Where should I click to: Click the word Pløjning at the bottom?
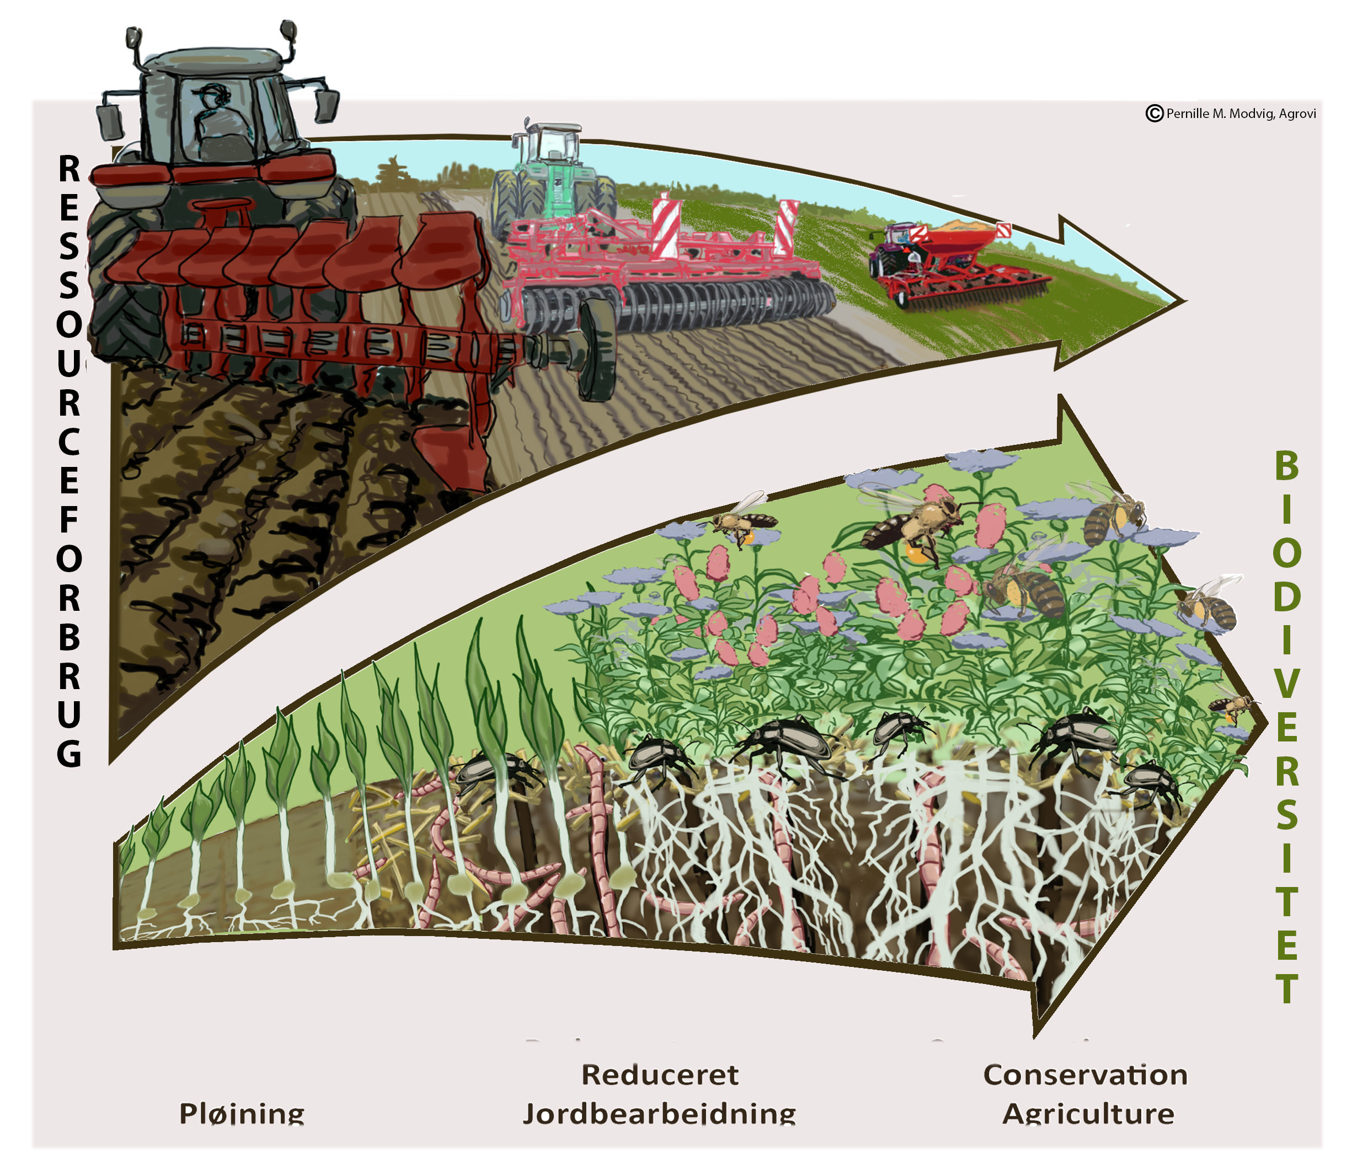242,1114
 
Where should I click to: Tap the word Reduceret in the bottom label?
660,1075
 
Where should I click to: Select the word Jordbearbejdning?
660,1114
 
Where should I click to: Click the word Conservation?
1086,1075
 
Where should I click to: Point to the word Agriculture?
1088,1114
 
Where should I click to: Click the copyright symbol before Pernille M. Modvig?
1153,114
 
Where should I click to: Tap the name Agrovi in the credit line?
1297,114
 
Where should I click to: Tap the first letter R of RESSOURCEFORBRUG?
70,170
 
